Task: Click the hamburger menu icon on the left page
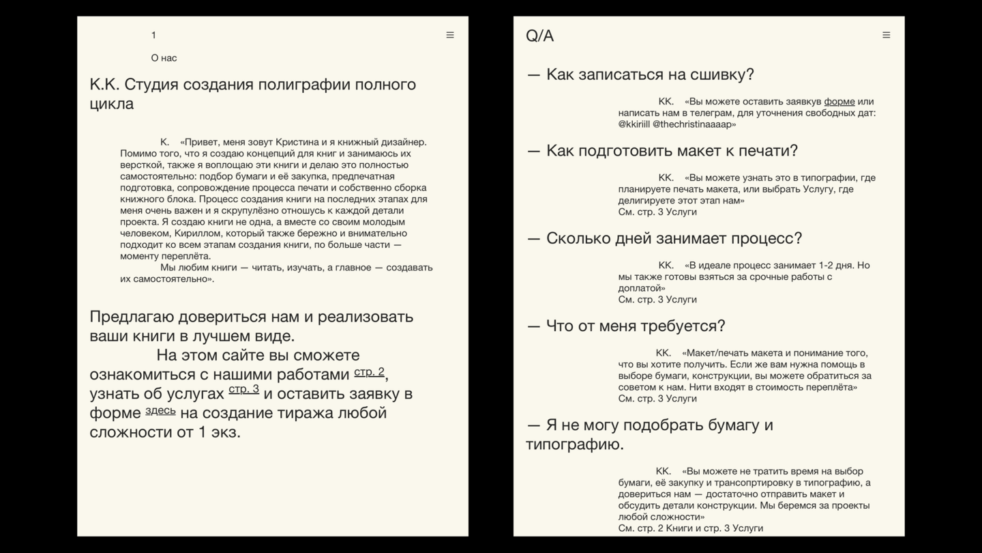(450, 35)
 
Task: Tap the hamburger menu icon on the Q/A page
(886, 35)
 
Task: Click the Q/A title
(539, 36)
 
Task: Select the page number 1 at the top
(153, 35)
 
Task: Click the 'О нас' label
(164, 58)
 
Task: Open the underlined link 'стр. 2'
(369, 372)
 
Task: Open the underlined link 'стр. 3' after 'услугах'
(243, 389)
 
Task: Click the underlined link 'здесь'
(160, 410)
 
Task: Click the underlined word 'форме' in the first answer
(839, 102)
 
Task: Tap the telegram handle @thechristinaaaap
(694, 124)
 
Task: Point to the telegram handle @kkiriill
(634, 124)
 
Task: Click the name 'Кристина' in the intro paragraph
(297, 142)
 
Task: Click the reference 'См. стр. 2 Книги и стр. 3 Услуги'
(690, 528)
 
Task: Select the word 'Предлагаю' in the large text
(132, 317)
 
